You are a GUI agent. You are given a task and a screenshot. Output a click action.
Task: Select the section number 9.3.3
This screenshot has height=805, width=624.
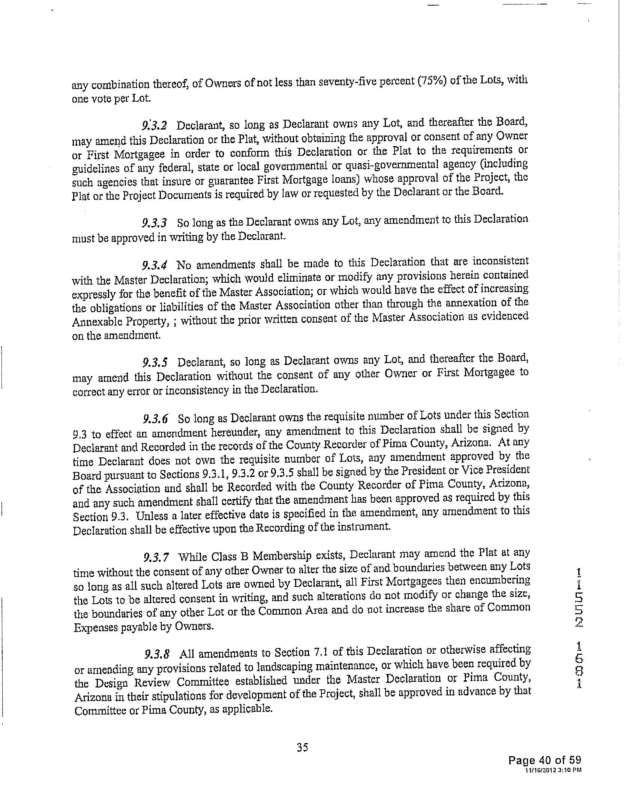pyautogui.click(x=154, y=223)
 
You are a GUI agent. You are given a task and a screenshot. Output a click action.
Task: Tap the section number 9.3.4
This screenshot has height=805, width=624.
pyautogui.click(x=154, y=265)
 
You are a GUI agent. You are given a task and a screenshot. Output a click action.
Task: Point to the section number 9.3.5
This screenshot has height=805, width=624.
pyautogui.click(x=155, y=363)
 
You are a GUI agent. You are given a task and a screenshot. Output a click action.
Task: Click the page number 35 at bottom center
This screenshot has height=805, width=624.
pyautogui.click(x=302, y=748)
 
